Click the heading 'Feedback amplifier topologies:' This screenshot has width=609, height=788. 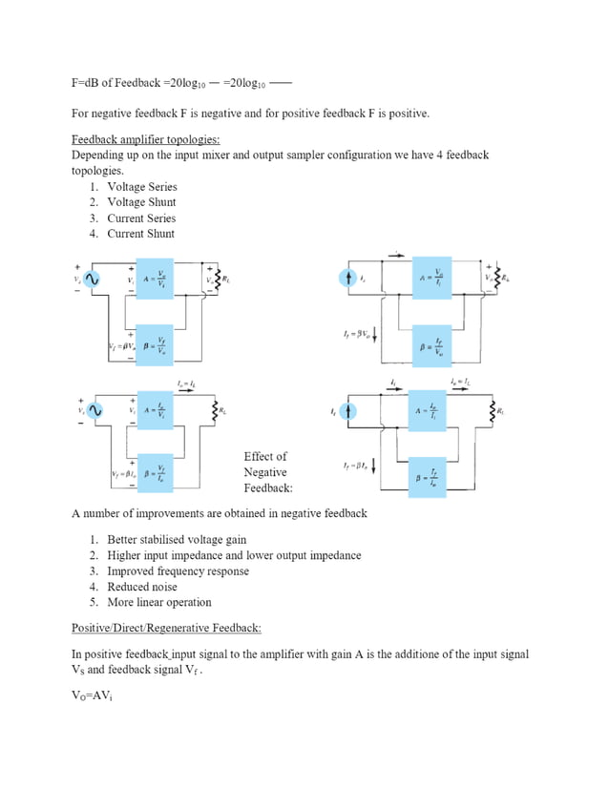point(146,139)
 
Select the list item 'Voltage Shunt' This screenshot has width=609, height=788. point(141,202)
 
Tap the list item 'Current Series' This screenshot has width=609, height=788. point(141,218)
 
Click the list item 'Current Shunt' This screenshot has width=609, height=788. point(140,234)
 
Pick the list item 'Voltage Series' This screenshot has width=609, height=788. point(141,187)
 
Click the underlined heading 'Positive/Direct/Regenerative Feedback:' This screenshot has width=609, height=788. point(166,628)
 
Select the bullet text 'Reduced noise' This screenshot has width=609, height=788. point(141,587)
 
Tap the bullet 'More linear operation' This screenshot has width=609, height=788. point(158,603)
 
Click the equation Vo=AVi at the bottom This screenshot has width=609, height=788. point(94,694)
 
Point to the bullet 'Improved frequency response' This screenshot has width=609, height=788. point(178,571)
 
